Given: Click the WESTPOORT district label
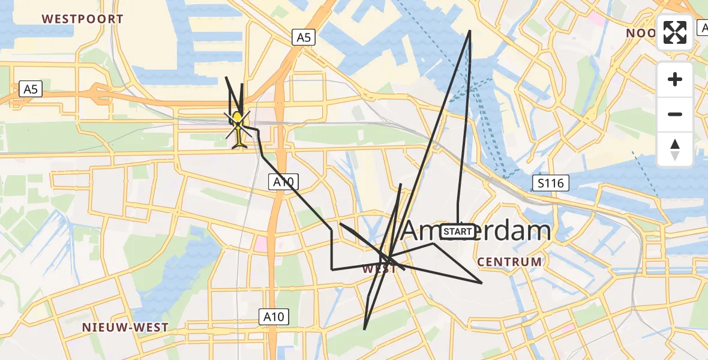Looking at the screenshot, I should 82,19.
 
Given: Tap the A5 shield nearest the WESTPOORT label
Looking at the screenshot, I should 31,89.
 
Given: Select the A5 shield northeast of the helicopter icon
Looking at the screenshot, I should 304,38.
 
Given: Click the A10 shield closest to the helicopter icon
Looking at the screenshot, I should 284,182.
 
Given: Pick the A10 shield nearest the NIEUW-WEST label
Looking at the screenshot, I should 274,316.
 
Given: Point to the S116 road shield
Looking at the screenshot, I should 551,183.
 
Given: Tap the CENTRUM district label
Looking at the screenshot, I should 509,262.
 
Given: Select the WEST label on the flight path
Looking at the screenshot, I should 379,269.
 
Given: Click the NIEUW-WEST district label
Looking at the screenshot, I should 125,328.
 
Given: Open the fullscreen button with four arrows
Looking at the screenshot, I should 675,32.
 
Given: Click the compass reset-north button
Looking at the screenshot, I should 675,150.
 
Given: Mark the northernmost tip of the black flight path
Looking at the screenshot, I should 470,31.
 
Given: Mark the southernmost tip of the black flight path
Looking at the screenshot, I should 364,329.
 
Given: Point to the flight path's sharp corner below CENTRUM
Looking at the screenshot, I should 482,282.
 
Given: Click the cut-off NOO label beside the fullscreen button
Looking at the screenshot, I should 640,33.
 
